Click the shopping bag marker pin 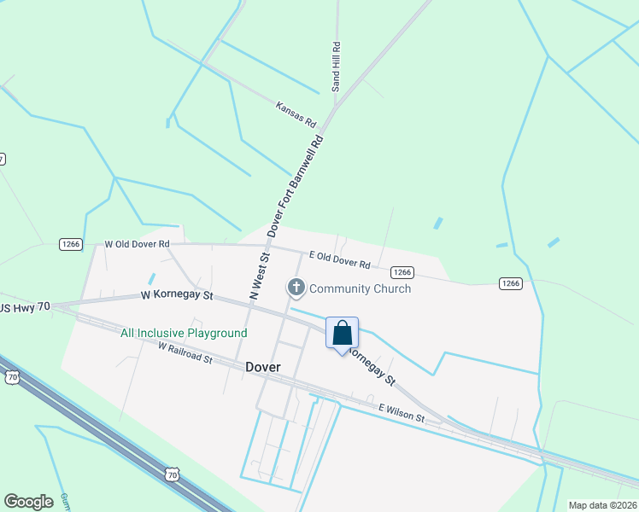[x=342, y=334]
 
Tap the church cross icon [x=296, y=288]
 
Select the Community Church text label [x=360, y=288]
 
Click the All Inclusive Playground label [x=184, y=333]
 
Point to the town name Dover [x=263, y=366]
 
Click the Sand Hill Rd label [x=337, y=67]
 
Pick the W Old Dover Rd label [x=137, y=244]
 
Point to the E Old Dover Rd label [x=339, y=259]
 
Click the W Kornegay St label [x=177, y=296]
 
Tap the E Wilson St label [x=402, y=414]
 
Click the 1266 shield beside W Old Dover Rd [x=70, y=244]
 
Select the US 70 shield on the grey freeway [x=173, y=474]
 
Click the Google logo [x=28, y=502]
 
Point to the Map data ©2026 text [x=602, y=505]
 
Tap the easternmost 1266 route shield [x=510, y=283]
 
